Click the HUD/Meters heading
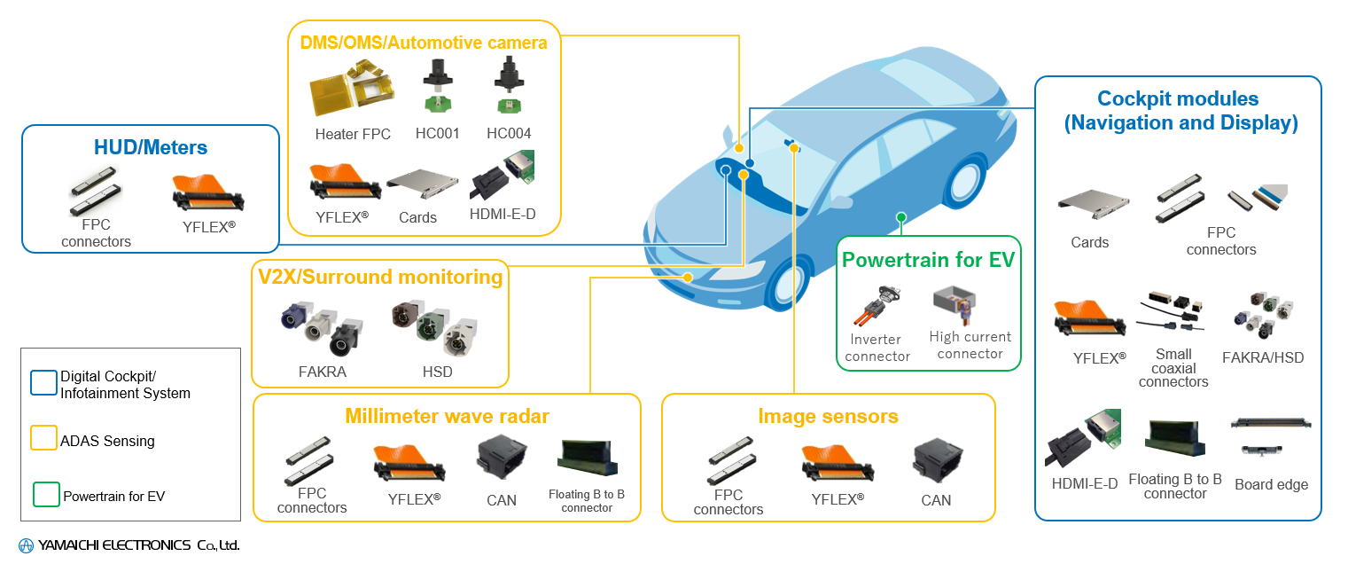151,148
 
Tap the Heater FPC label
353,135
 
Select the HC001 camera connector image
436,86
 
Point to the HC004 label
509,134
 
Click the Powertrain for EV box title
928,260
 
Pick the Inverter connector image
877,305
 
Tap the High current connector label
970,345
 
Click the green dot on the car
901,217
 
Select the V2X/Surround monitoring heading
380,277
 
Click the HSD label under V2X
438,372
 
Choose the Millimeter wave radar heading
447,416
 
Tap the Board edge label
1271,484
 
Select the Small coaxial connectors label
1173,368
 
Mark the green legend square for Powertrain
45,495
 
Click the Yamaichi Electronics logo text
129,545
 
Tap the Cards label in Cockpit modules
1089,242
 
